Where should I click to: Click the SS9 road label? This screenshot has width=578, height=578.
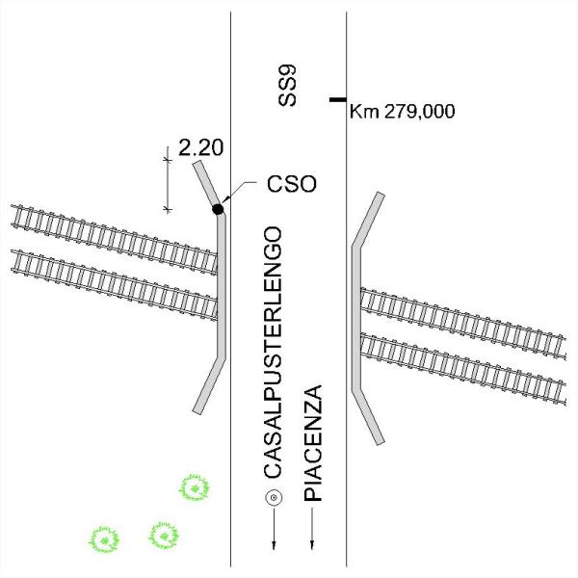point(287,86)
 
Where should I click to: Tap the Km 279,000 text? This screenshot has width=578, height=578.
point(402,112)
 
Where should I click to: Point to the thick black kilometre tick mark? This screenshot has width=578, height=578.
point(338,99)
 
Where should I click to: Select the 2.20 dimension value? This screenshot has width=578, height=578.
point(201,147)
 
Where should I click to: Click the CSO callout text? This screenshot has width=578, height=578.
point(292,184)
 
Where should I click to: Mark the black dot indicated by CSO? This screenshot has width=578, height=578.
point(218,209)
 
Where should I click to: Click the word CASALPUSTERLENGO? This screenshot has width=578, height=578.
point(274,353)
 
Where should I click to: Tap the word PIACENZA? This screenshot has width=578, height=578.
point(313,443)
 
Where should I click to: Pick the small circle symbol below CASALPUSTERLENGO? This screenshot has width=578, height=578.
point(274,498)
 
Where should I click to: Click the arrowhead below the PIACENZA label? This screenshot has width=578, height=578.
point(312,545)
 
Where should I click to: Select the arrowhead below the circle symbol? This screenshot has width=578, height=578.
point(274,545)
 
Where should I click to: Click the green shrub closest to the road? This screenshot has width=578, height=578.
point(195,488)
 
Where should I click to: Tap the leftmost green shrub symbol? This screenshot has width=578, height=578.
point(104,540)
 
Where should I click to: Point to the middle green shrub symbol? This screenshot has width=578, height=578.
point(164,536)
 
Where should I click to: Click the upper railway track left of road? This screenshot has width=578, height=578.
point(115,239)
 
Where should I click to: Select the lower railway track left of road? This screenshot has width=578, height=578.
point(115,284)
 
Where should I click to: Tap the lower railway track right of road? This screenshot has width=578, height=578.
point(463,369)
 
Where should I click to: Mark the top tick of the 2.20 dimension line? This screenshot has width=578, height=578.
point(168,160)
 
